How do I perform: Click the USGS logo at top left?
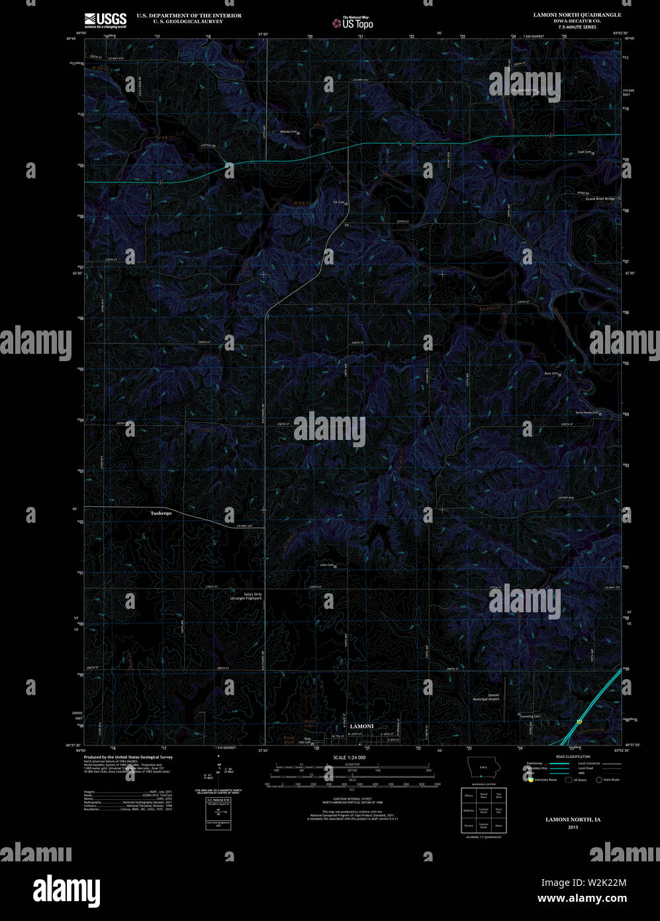tap(105, 20)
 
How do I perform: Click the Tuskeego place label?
tap(161, 513)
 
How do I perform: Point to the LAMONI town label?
tap(361, 726)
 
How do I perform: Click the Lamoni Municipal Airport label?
tap(485, 696)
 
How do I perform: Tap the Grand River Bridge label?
tap(600, 199)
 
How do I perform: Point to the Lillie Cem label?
tap(327, 565)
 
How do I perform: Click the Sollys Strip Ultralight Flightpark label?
tap(253, 596)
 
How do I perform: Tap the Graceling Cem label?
tap(530, 716)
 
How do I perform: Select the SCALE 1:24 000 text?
tap(350, 757)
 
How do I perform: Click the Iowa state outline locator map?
tap(481, 767)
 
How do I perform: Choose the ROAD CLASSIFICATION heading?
tap(573, 756)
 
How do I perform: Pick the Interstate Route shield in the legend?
tap(531, 780)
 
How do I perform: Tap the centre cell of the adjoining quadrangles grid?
tap(484, 810)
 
